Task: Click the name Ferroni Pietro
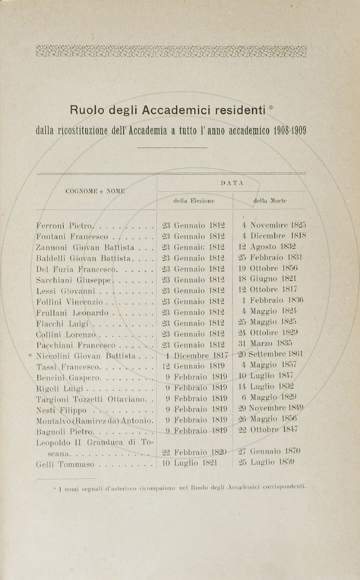(65, 226)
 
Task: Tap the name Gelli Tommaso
(65, 464)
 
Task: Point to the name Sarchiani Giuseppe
(74, 280)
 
